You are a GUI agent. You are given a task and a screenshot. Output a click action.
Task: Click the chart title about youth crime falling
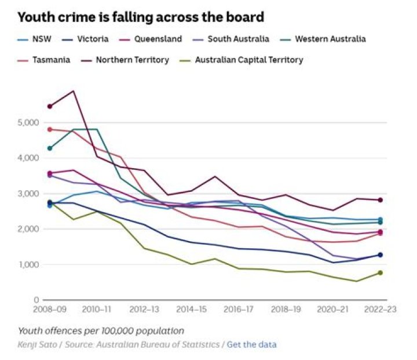pyautogui.click(x=141, y=17)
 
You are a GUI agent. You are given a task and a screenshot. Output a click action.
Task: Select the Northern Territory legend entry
pyautogui.click(x=133, y=60)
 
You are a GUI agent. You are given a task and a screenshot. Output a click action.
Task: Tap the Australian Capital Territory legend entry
pyautogui.click(x=249, y=60)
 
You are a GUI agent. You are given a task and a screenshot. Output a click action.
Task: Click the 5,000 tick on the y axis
pyautogui.click(x=28, y=123)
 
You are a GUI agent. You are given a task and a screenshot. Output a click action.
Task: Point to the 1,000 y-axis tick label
pyautogui.click(x=28, y=265)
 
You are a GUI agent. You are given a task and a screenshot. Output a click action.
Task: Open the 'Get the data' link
pyautogui.click(x=251, y=344)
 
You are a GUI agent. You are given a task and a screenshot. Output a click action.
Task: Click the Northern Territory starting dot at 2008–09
pyautogui.click(x=50, y=106)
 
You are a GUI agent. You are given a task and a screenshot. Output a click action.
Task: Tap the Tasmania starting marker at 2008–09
pyautogui.click(x=50, y=129)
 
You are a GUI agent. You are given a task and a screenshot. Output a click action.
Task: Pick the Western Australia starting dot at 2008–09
pyautogui.click(x=50, y=148)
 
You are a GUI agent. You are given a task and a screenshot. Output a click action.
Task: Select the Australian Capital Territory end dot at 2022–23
pyautogui.click(x=381, y=272)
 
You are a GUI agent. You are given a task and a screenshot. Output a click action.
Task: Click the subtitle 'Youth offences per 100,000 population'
pyautogui.click(x=101, y=331)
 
